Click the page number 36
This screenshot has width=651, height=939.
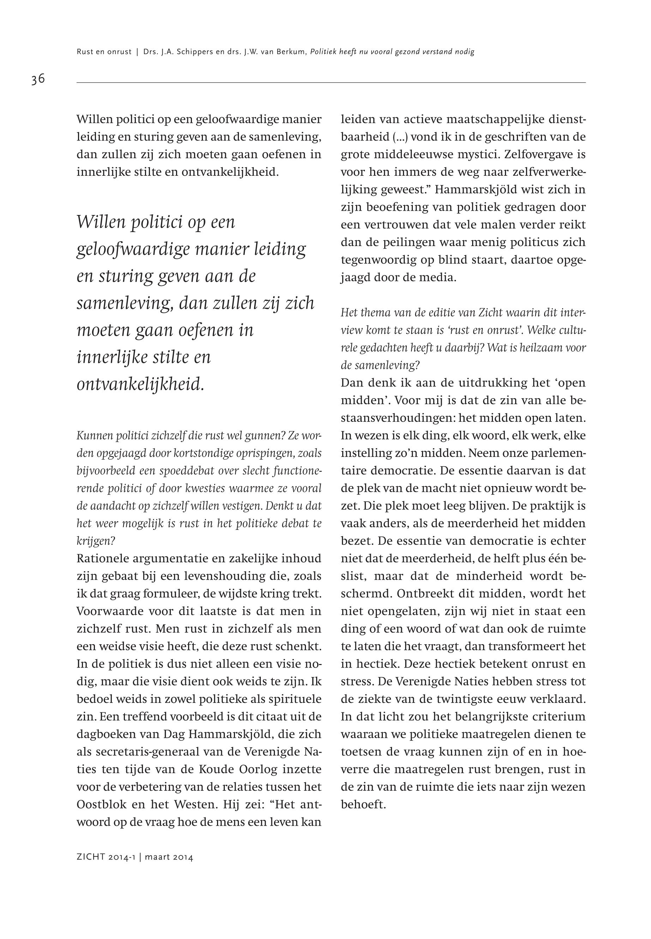pyautogui.click(x=38, y=79)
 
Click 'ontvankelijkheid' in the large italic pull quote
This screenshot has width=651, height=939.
pyautogui.click(x=140, y=384)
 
